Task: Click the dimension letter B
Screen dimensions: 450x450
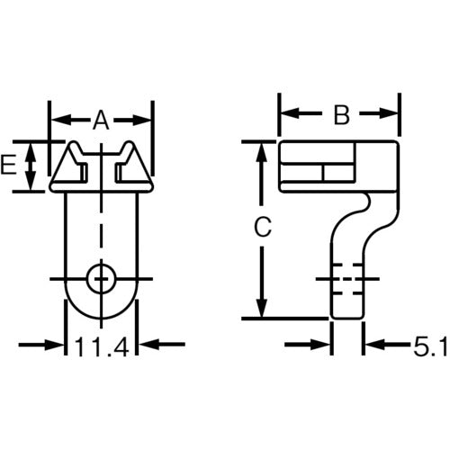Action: tap(340, 114)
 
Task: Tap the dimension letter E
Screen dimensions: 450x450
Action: tap(10, 165)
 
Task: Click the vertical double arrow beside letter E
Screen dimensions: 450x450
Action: tap(31, 166)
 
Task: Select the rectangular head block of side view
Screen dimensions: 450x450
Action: tap(338, 166)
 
